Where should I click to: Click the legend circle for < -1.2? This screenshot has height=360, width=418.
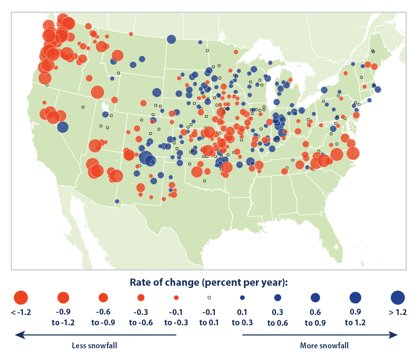point(21,297)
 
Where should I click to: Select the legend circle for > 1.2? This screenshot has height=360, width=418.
point(398,297)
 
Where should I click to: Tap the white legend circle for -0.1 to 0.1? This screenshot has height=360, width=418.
point(209,297)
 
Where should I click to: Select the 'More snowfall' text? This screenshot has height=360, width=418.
point(324,346)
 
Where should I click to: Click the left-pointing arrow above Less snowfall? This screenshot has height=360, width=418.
point(95,335)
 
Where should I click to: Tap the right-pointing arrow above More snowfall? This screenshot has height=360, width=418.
point(320,335)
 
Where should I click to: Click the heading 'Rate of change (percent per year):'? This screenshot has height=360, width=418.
point(209,282)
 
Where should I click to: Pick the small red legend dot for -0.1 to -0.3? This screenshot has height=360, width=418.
point(176,297)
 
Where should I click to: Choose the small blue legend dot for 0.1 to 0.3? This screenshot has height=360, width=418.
point(242,297)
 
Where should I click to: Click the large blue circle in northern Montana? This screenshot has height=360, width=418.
point(171,39)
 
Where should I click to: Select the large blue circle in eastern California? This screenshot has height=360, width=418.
point(63,127)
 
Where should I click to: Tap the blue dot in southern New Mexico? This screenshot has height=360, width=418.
point(117,201)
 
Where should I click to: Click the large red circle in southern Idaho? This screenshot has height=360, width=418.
point(97,92)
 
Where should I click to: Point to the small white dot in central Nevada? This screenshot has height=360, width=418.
point(83,107)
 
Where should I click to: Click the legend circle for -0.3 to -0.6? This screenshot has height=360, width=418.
point(141,297)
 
